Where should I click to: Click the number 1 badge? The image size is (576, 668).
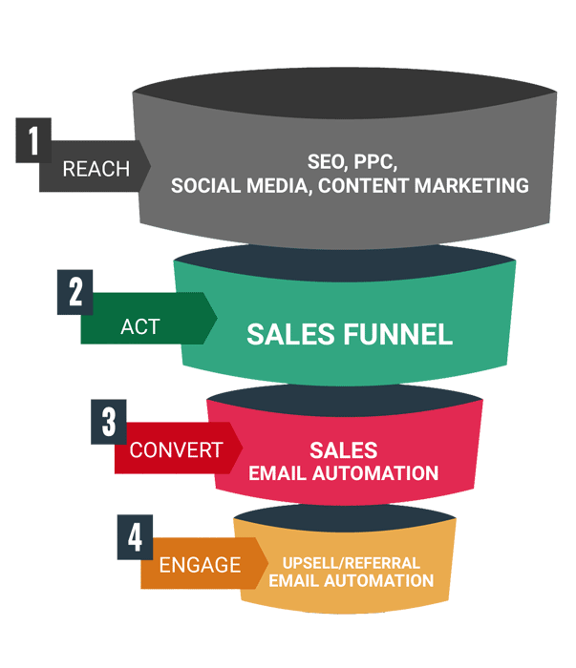coord(33,140)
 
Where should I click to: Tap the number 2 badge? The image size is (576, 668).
coord(75,292)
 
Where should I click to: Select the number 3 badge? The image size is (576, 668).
coord(109,422)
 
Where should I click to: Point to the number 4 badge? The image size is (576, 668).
coord(135,537)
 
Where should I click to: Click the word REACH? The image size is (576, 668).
coord(96,169)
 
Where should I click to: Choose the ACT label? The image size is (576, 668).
coord(140,327)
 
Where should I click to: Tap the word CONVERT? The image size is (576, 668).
coord(176,450)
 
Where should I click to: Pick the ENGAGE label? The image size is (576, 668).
coord(200,565)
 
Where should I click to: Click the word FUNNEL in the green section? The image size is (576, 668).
coord(397,334)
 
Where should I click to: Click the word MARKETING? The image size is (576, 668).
coord(472,186)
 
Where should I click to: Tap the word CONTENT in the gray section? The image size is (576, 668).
coord(363,186)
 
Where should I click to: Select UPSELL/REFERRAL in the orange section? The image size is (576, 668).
coord(352,563)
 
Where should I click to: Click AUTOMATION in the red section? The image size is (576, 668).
coord(375,473)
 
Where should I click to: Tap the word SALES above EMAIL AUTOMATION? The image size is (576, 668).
coord(344,450)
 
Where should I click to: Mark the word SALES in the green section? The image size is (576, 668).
coord(291,334)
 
